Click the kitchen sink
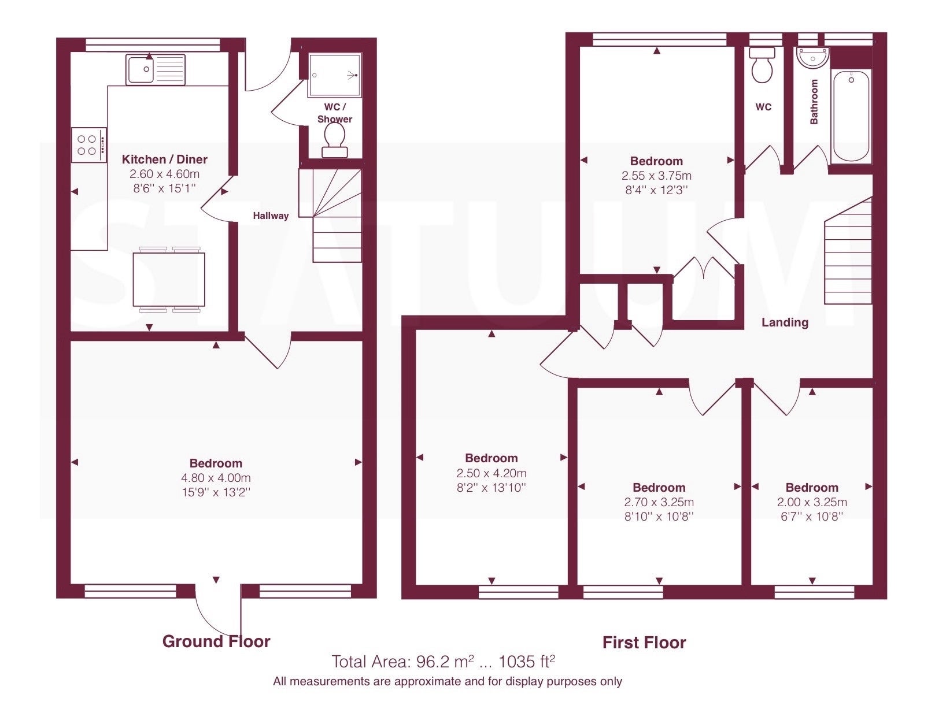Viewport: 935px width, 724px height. (156, 69)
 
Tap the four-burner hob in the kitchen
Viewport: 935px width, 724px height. (89, 145)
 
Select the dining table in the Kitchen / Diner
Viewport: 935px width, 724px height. (169, 280)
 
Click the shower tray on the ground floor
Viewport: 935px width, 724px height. (335, 75)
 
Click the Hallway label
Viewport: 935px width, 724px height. (271, 216)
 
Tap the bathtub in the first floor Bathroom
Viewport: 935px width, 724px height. (851, 117)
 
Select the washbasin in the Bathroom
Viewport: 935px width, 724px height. (812, 58)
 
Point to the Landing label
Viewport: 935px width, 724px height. (785, 322)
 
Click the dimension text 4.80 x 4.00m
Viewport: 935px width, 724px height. (216, 478)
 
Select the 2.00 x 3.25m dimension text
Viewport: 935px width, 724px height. (812, 502)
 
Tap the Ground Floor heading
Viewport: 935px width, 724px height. (216, 641)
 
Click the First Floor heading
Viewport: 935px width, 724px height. (644, 643)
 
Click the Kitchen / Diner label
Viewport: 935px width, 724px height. (164, 159)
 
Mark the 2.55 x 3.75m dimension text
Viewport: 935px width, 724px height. (657, 176)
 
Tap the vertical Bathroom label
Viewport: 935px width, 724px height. (814, 102)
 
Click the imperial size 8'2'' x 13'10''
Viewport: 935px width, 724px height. (491, 488)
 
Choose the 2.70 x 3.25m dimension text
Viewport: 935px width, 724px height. (659, 502)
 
